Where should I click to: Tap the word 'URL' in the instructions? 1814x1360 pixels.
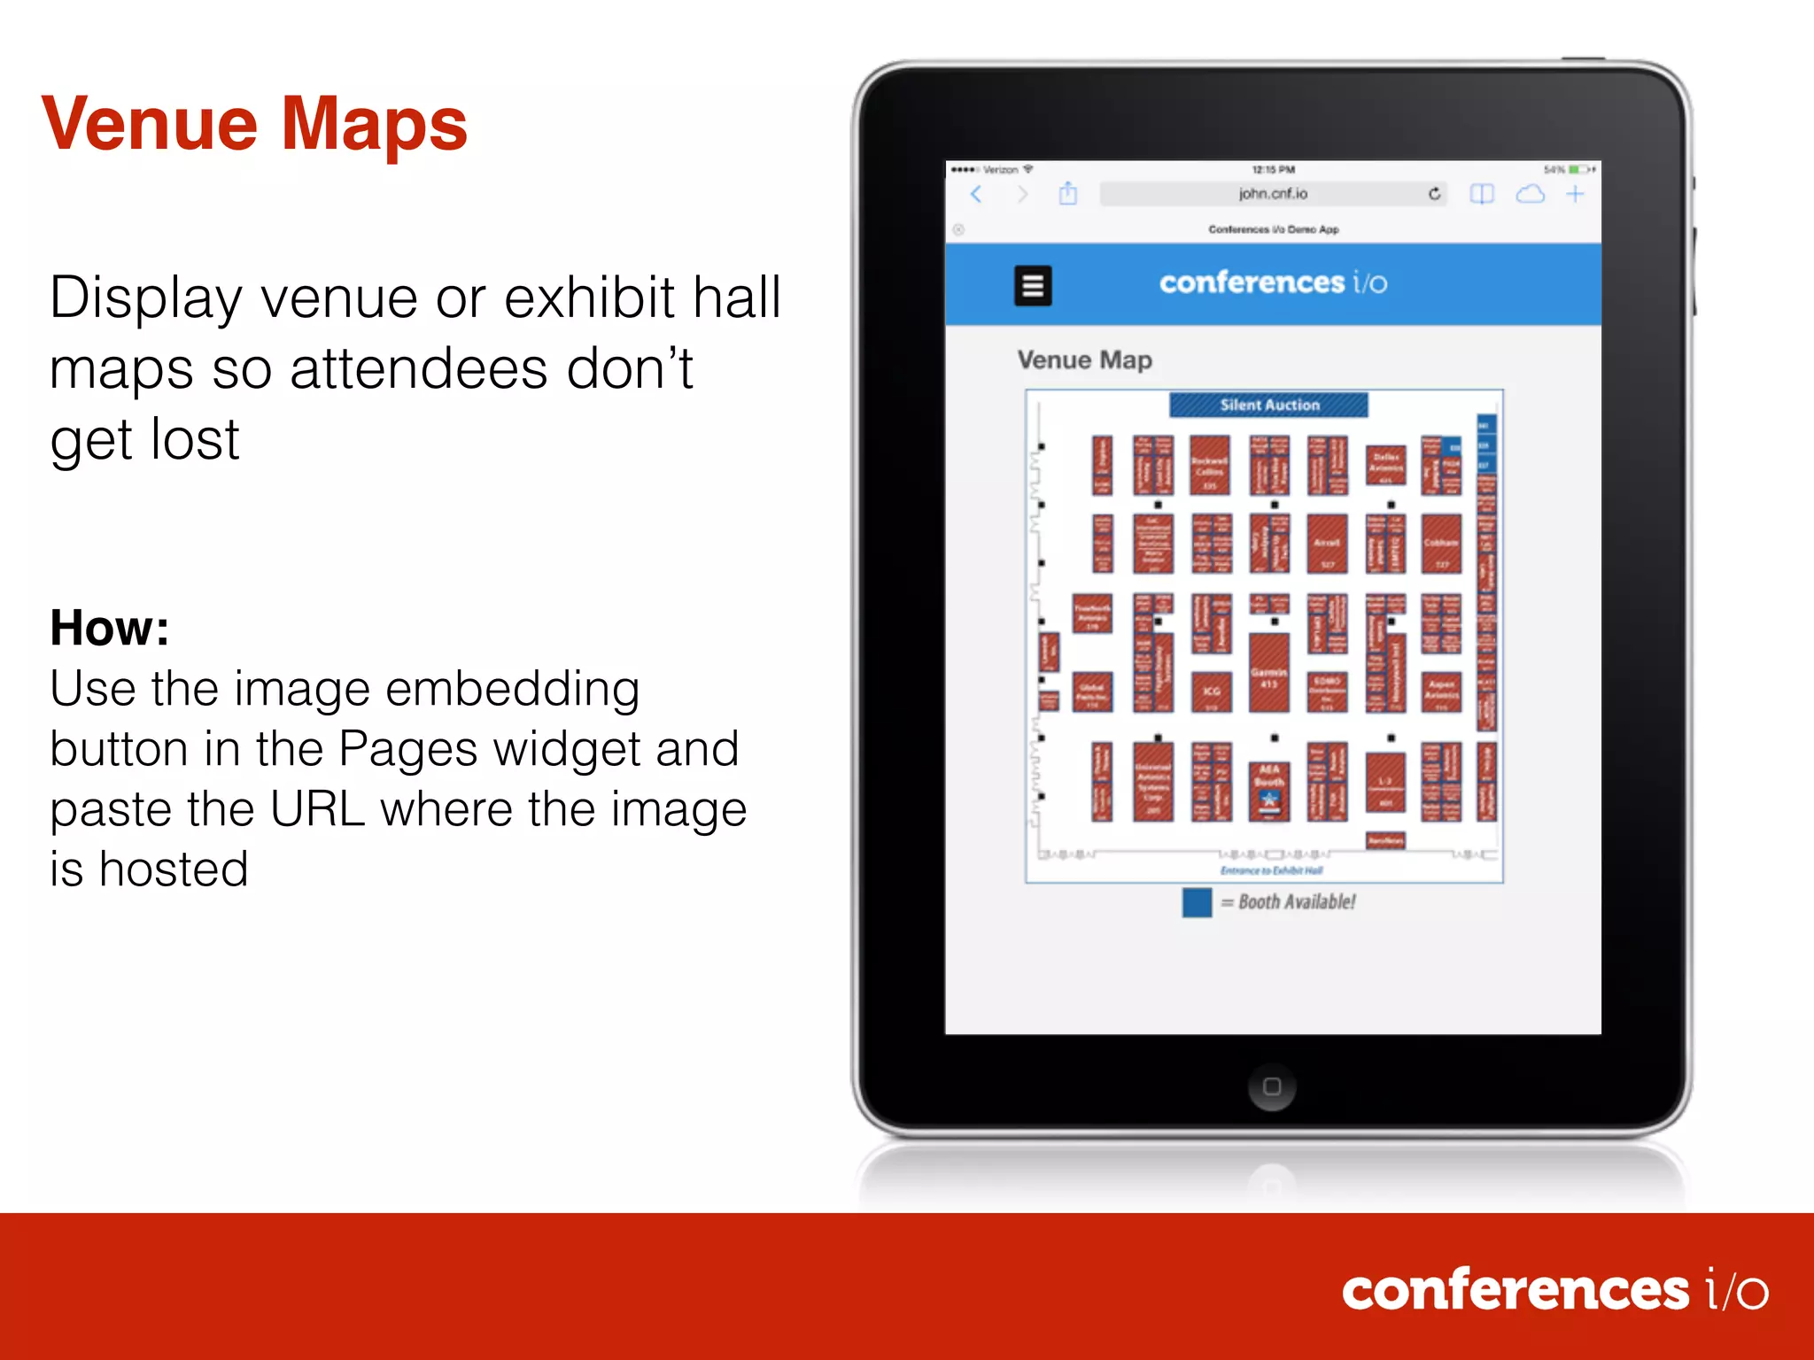click(318, 809)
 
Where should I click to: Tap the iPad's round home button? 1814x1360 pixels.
click(1272, 1086)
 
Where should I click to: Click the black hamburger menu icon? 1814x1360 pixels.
click(1033, 285)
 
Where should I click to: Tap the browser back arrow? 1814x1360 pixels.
click(976, 194)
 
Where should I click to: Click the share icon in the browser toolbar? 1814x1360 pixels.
click(1068, 193)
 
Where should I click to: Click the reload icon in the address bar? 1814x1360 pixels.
click(1434, 194)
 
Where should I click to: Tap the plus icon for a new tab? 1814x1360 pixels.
click(1575, 194)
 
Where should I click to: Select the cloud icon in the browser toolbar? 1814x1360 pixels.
click(1530, 194)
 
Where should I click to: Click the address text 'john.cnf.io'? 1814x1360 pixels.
click(1273, 194)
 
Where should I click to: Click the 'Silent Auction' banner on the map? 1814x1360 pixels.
click(1268, 405)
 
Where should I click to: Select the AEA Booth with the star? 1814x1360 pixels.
click(1269, 789)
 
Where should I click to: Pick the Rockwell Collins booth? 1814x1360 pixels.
click(1209, 466)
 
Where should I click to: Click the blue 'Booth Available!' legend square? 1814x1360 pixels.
click(1197, 902)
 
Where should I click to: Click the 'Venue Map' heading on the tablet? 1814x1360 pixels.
click(1085, 360)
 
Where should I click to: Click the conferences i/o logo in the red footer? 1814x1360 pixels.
click(1554, 1290)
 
